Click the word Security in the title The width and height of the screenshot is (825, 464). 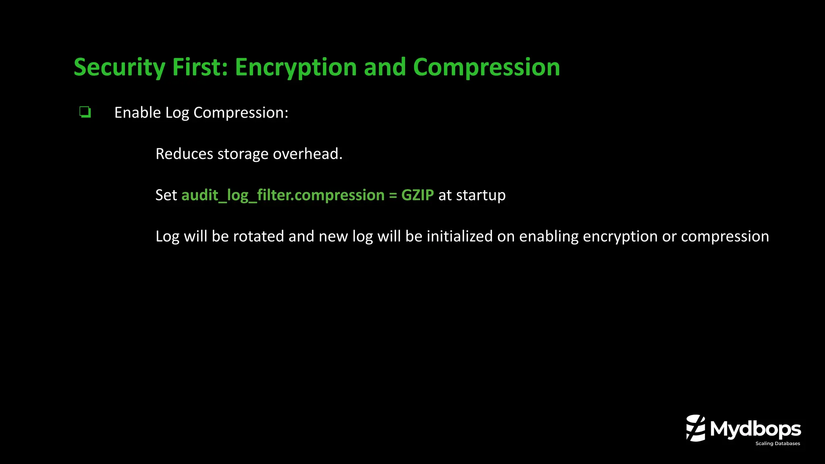coord(119,67)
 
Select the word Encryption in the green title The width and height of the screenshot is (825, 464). coord(296,67)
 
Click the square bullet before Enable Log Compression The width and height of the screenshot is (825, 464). coord(85,112)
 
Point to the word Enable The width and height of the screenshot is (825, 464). coord(137,113)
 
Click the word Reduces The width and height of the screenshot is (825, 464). coord(184,154)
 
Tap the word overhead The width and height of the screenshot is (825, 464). coord(307,154)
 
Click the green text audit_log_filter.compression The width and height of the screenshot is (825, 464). coord(283,195)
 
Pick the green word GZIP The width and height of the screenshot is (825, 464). coord(417,195)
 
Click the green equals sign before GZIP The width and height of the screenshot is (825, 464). coord(393,195)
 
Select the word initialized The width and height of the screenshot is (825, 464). coord(459,236)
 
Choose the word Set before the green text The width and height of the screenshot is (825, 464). coord(166,195)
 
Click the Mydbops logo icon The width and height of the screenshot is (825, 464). coord(696,428)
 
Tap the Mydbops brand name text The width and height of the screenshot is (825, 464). coord(755,429)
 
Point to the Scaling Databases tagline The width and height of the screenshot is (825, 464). coord(777,443)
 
